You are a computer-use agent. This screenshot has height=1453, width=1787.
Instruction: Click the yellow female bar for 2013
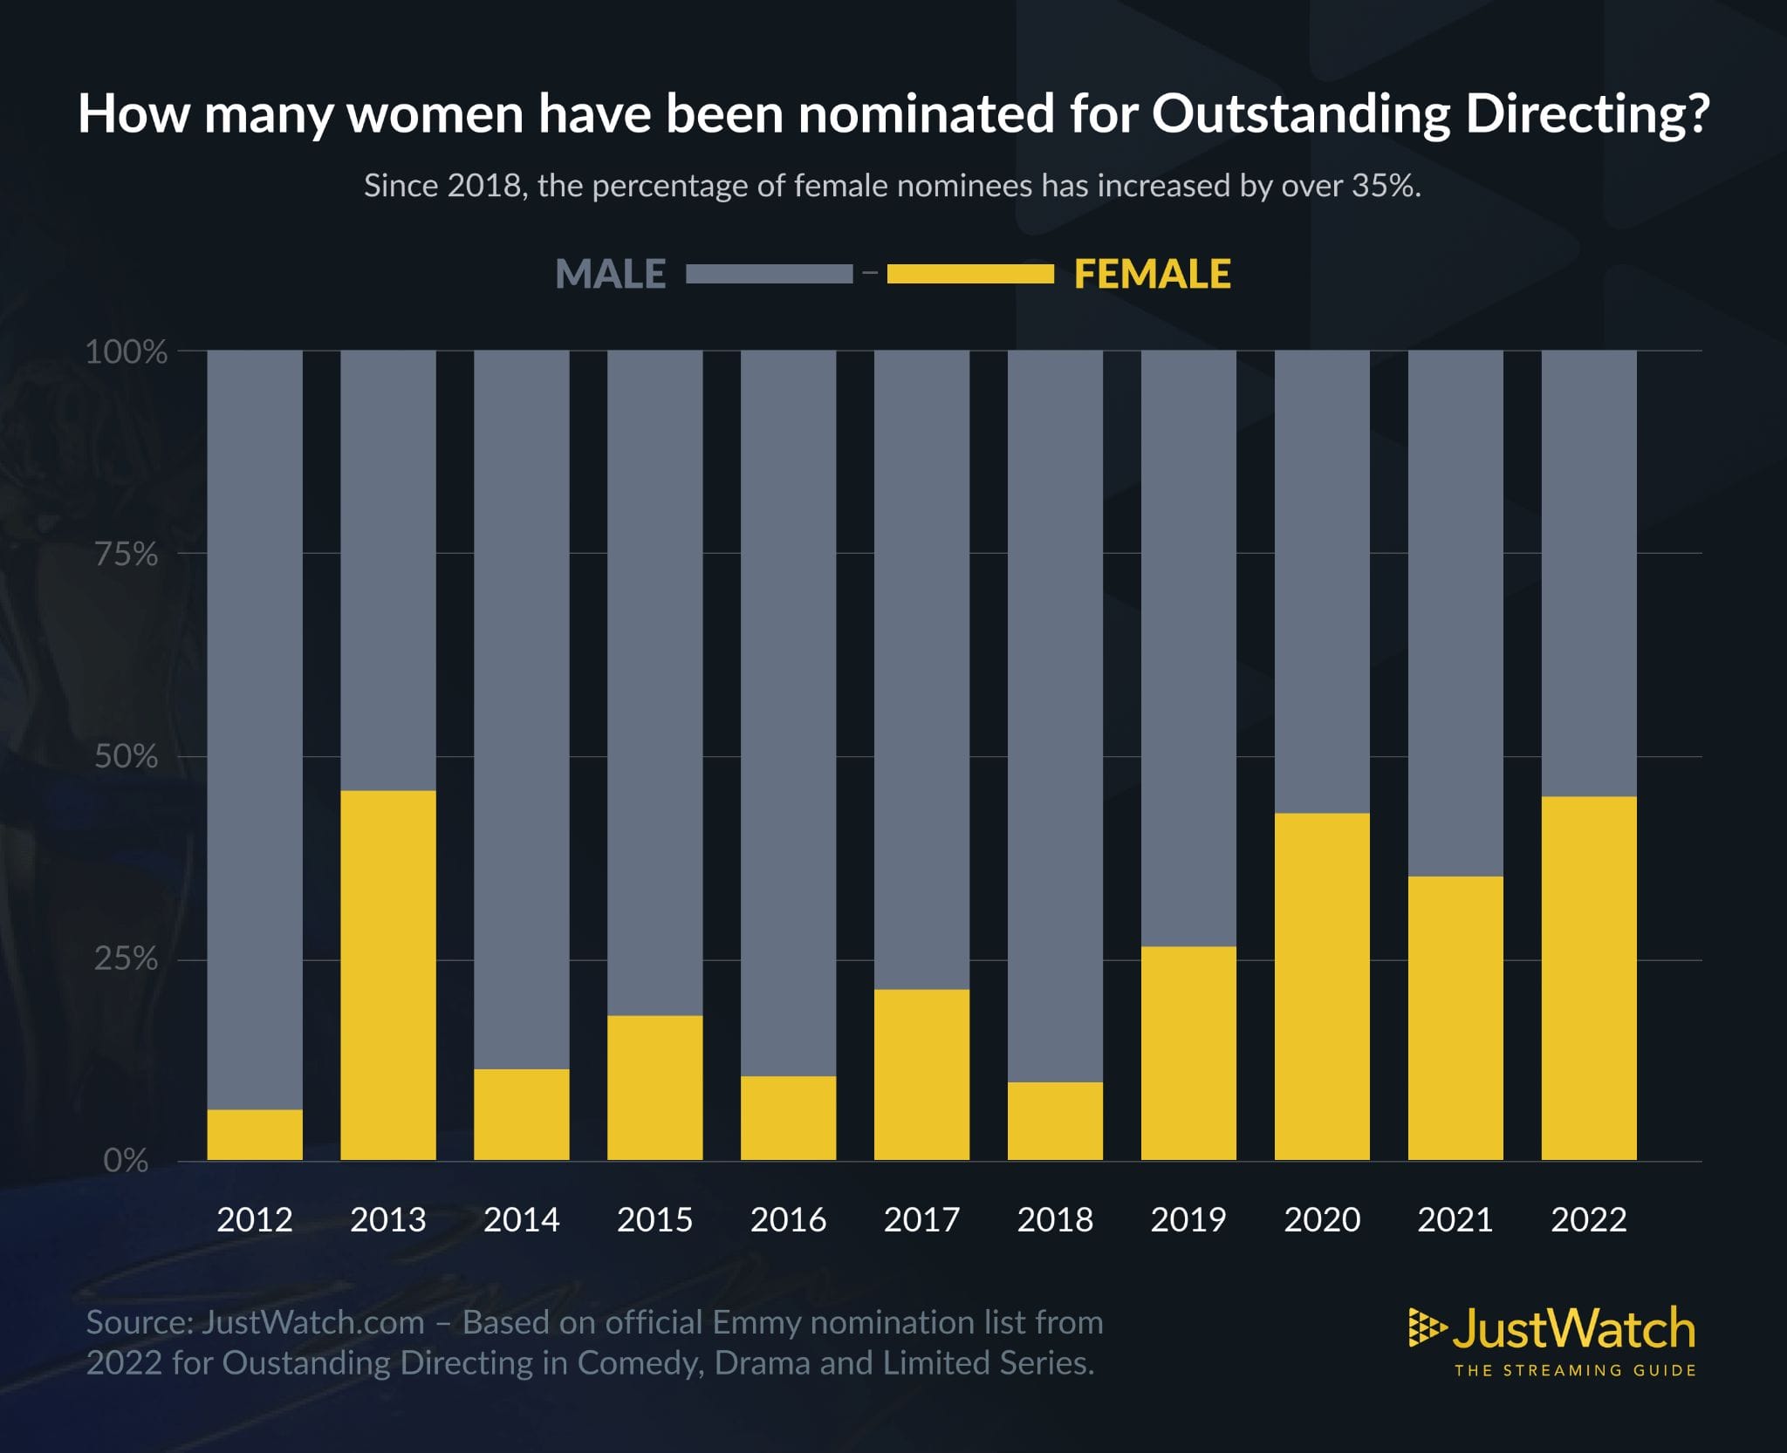click(387, 975)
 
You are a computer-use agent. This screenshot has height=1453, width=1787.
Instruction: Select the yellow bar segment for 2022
click(1588, 978)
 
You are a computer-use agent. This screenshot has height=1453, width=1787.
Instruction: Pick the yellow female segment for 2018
click(1055, 1121)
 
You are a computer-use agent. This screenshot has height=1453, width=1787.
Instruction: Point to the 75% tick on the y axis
click(127, 554)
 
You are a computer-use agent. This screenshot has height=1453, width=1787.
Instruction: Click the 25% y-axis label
click(127, 958)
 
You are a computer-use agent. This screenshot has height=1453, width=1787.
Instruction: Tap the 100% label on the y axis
click(127, 351)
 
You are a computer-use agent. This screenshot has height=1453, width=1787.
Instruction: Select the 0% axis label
click(127, 1161)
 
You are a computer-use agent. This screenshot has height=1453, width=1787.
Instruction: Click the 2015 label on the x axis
click(654, 1219)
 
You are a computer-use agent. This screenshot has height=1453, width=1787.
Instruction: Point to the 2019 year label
click(1188, 1219)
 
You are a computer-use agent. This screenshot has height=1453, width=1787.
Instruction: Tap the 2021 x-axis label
click(1455, 1219)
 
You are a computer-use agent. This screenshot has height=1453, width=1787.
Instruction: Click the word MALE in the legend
click(611, 274)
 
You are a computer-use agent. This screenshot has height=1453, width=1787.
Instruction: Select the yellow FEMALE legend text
click(1152, 274)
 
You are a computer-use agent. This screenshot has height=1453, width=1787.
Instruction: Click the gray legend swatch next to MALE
click(769, 274)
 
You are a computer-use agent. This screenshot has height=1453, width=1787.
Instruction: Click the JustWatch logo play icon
click(1427, 1328)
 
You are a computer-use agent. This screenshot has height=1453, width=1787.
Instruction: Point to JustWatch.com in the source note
click(312, 1322)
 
